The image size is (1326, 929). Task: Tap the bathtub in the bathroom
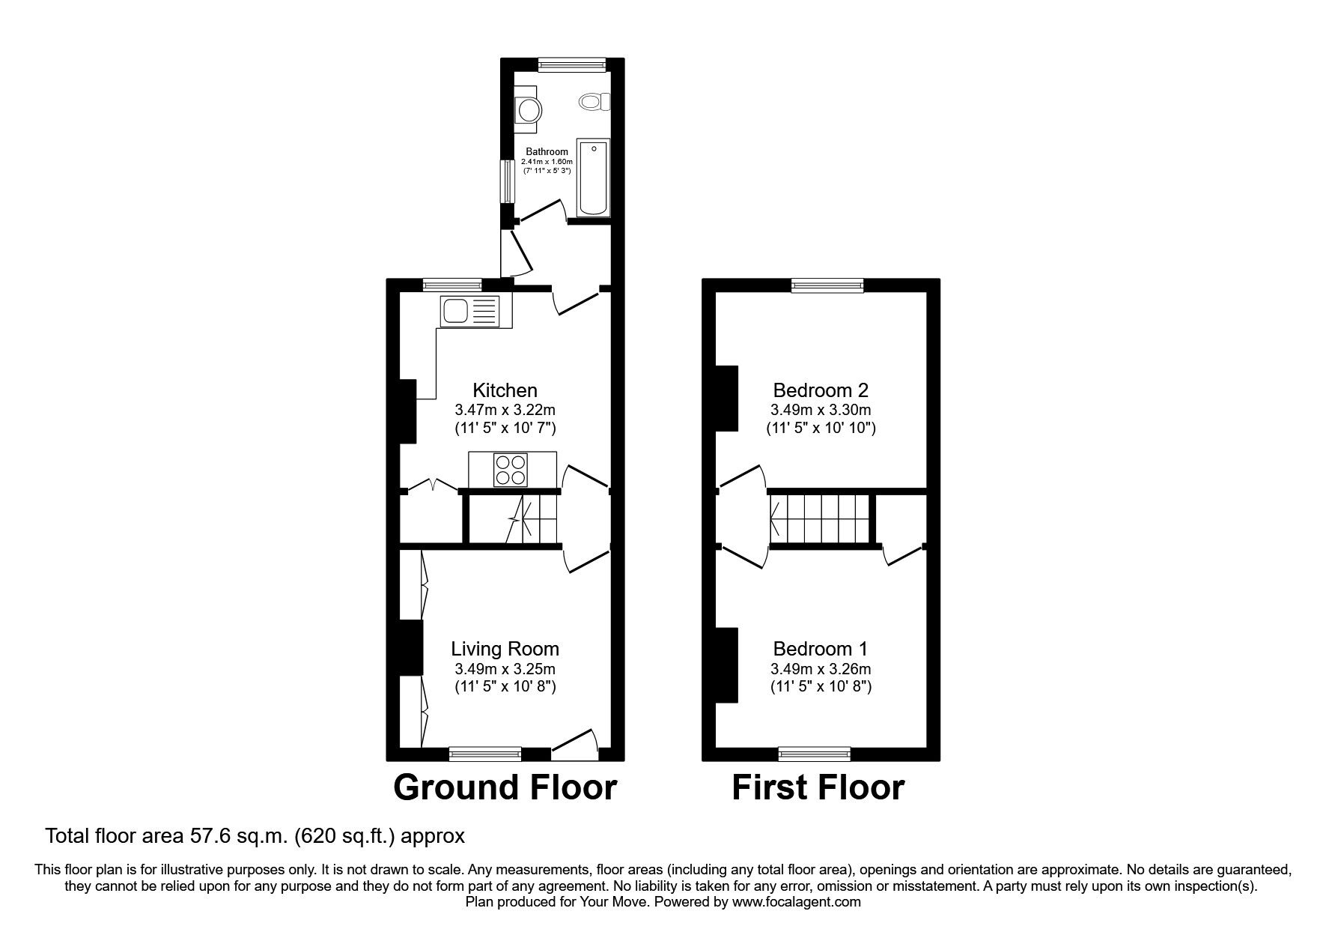(592, 177)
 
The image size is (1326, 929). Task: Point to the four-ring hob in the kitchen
(510, 470)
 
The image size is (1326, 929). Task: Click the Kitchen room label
(505, 390)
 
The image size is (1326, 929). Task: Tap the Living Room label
(505, 649)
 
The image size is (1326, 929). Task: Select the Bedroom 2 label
(821, 390)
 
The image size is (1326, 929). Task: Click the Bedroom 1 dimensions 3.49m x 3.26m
(821, 669)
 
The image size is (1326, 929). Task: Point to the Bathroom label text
(547, 152)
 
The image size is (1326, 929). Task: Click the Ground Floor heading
(505, 788)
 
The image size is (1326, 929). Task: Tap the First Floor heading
(818, 788)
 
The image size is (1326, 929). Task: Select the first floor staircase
(821, 517)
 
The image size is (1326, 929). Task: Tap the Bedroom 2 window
(827, 285)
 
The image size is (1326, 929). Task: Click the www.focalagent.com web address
(796, 902)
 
